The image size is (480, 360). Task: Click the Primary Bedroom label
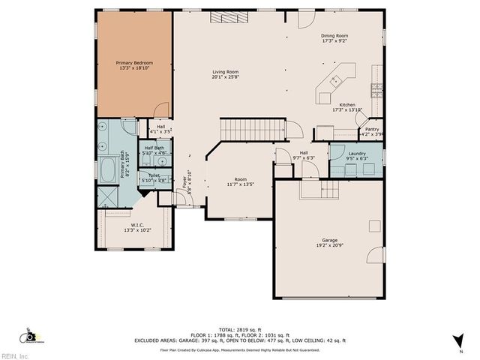135,63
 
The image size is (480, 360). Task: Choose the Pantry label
372,129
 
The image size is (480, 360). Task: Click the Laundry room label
357,154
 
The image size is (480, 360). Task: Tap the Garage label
330,241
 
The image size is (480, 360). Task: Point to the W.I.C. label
137,224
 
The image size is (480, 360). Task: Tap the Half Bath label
154,148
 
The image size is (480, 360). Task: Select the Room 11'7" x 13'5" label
240,180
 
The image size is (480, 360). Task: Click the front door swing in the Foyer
181,200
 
